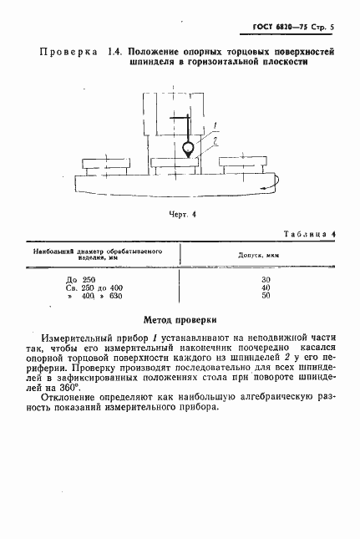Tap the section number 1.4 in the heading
pyautogui.click(x=115, y=52)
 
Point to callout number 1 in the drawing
pyautogui.click(x=215, y=126)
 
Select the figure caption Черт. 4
pyautogui.click(x=182, y=215)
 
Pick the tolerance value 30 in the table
pyautogui.click(x=266, y=278)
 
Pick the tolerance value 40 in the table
pyautogui.click(x=266, y=287)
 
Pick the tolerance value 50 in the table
pyautogui.click(x=266, y=297)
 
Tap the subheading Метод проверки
pyautogui.click(x=180, y=318)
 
